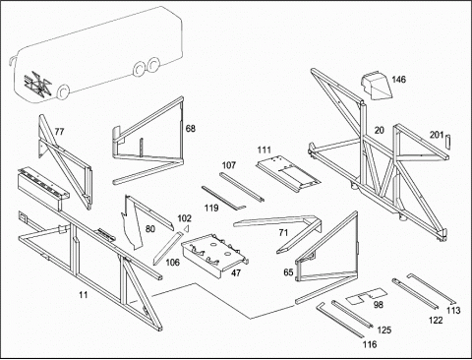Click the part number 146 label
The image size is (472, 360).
coord(398,80)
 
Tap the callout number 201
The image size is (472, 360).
coord(437,135)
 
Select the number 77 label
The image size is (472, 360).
coord(59,132)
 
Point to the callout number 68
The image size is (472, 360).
coord(191,128)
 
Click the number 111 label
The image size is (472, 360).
coord(265,150)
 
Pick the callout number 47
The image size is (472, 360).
coord(236,272)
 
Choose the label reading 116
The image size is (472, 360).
coord(370,344)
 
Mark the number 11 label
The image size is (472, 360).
coord(84,295)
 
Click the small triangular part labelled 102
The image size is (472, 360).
coord(187,228)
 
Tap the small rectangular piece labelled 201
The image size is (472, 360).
coord(448,142)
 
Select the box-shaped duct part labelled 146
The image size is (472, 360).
coord(376,85)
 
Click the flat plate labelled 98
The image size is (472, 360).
coord(367,296)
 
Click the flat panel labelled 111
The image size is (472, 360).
coord(288,174)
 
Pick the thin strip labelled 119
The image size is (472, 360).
coord(223,198)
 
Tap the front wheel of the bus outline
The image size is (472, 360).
coord(62,92)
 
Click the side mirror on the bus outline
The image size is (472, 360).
coord(12,61)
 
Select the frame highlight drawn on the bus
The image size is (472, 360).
coord(37,85)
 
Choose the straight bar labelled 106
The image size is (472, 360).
coord(167,248)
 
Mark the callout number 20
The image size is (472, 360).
coord(379,130)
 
